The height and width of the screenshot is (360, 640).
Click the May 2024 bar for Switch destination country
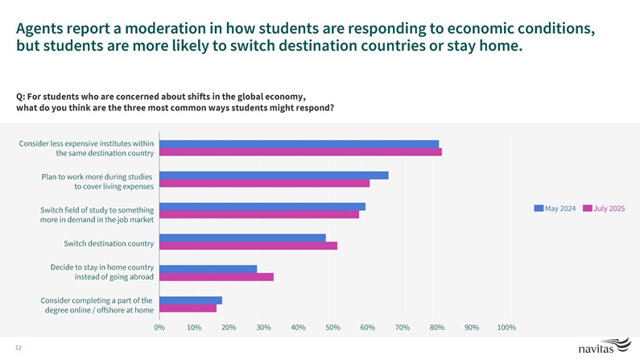(242, 238)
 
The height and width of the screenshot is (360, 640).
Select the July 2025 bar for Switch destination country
(248, 246)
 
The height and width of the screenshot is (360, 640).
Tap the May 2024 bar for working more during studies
(274, 175)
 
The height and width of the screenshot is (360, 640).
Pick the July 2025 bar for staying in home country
(217, 277)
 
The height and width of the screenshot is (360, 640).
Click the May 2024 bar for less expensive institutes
(299, 144)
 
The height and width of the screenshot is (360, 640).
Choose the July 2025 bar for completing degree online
(188, 308)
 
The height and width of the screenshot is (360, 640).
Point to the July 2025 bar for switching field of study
(259, 214)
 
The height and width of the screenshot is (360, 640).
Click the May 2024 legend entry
(555, 209)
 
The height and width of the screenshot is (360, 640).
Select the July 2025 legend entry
(605, 209)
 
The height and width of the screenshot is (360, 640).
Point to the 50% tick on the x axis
(332, 327)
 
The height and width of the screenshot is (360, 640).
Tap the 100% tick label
(506, 327)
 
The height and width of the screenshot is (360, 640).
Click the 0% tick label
(159, 327)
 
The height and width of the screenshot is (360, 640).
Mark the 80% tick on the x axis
(437, 327)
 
